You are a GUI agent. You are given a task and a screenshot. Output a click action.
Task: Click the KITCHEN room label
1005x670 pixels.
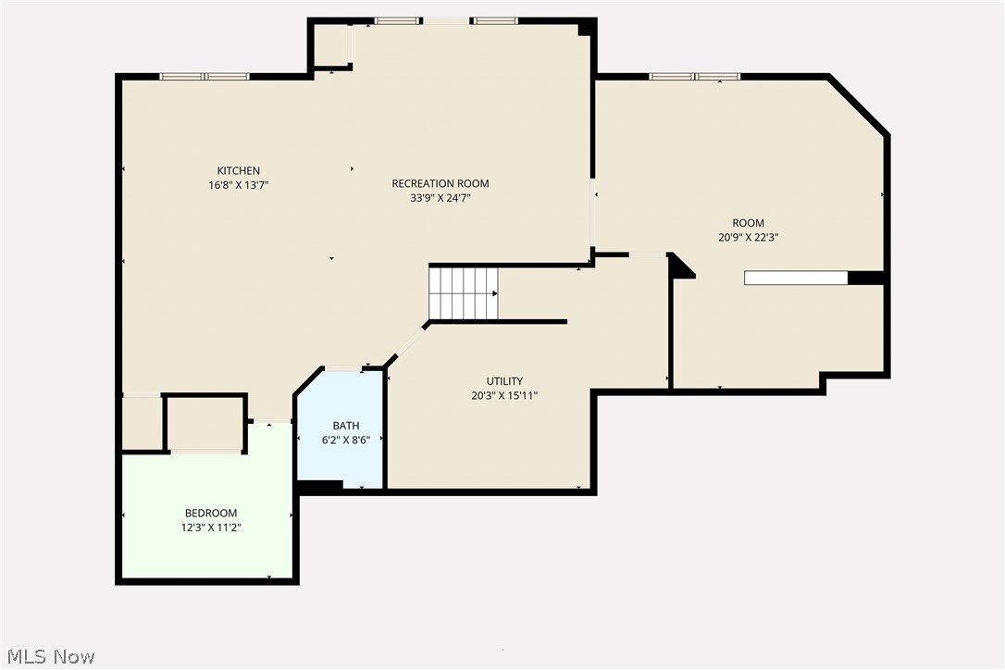tap(238, 170)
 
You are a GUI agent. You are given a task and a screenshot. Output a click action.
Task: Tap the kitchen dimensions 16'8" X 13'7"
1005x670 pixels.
tap(238, 185)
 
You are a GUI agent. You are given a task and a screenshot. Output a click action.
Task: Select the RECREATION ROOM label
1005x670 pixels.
tap(440, 183)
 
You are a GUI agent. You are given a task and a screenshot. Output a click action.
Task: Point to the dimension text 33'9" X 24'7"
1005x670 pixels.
tap(440, 197)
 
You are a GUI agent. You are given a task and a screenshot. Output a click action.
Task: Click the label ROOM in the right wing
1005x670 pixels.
tap(748, 223)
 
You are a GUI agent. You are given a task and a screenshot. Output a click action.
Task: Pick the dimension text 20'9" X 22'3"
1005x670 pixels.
tap(748, 237)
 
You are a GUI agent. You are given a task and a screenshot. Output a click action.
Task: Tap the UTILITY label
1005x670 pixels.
tap(504, 381)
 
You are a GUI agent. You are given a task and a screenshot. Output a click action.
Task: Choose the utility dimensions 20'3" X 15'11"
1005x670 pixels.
tap(504, 395)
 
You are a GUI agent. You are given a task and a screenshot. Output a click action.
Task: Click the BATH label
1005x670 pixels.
tap(339, 426)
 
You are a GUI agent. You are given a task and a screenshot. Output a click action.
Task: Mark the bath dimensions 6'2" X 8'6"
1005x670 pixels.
tap(339, 440)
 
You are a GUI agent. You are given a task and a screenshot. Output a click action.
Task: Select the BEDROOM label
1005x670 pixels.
tap(211, 513)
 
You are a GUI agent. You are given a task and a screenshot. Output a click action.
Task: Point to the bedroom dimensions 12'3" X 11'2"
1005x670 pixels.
tap(211, 527)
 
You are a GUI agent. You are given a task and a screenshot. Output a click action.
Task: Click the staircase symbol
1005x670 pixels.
tap(463, 292)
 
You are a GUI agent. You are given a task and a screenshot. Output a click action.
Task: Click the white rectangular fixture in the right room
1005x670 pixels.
tap(796, 278)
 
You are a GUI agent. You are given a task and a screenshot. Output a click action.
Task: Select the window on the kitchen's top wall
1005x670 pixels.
tap(205, 77)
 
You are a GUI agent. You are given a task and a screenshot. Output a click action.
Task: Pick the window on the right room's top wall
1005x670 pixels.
tap(694, 77)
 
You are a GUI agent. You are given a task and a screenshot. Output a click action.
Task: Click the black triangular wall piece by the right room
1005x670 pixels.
tap(680, 267)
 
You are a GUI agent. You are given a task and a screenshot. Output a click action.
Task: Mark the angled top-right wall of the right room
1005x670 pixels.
tap(859, 105)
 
